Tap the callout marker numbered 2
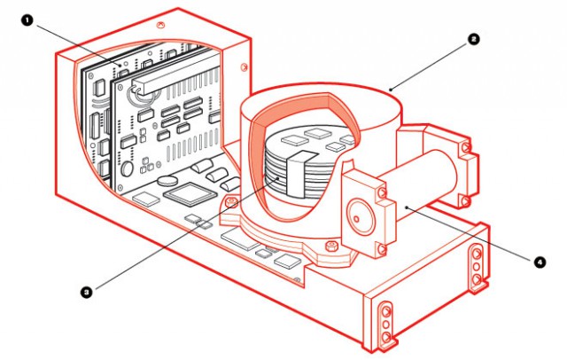(x=475, y=39)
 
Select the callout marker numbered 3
(x=86, y=290)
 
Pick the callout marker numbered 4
(x=539, y=262)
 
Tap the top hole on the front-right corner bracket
(x=384, y=309)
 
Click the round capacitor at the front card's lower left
(x=127, y=168)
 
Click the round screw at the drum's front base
(x=231, y=205)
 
